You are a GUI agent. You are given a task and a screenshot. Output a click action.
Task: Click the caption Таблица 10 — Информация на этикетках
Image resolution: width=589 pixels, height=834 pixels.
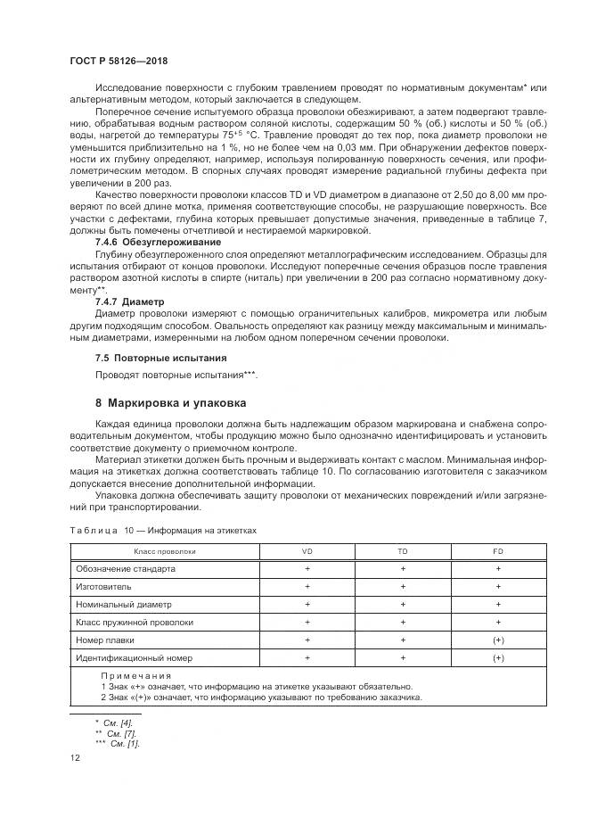coord(163,530)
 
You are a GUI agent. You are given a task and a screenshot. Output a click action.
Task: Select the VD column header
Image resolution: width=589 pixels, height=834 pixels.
coord(307,551)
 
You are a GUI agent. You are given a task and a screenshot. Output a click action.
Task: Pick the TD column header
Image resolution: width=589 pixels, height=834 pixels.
coord(403,551)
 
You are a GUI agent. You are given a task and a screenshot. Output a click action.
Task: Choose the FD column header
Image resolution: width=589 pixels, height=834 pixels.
coord(498,551)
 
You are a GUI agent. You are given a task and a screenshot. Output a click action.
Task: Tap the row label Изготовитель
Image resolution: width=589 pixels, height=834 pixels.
coord(104,586)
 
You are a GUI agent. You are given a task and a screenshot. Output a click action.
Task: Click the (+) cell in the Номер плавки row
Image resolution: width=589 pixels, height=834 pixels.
coord(498,640)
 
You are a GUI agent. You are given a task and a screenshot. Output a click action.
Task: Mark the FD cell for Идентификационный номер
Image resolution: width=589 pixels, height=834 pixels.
coord(498,657)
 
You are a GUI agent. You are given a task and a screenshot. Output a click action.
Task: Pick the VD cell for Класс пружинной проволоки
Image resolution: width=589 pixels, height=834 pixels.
coord(307,622)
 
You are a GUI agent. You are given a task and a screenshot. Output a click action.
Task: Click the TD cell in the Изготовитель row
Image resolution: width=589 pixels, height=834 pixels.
coord(403,586)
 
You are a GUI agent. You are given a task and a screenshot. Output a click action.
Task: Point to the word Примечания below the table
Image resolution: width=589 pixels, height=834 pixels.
coord(135,676)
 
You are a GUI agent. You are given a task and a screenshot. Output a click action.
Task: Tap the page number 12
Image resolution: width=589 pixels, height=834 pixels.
coord(75,757)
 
